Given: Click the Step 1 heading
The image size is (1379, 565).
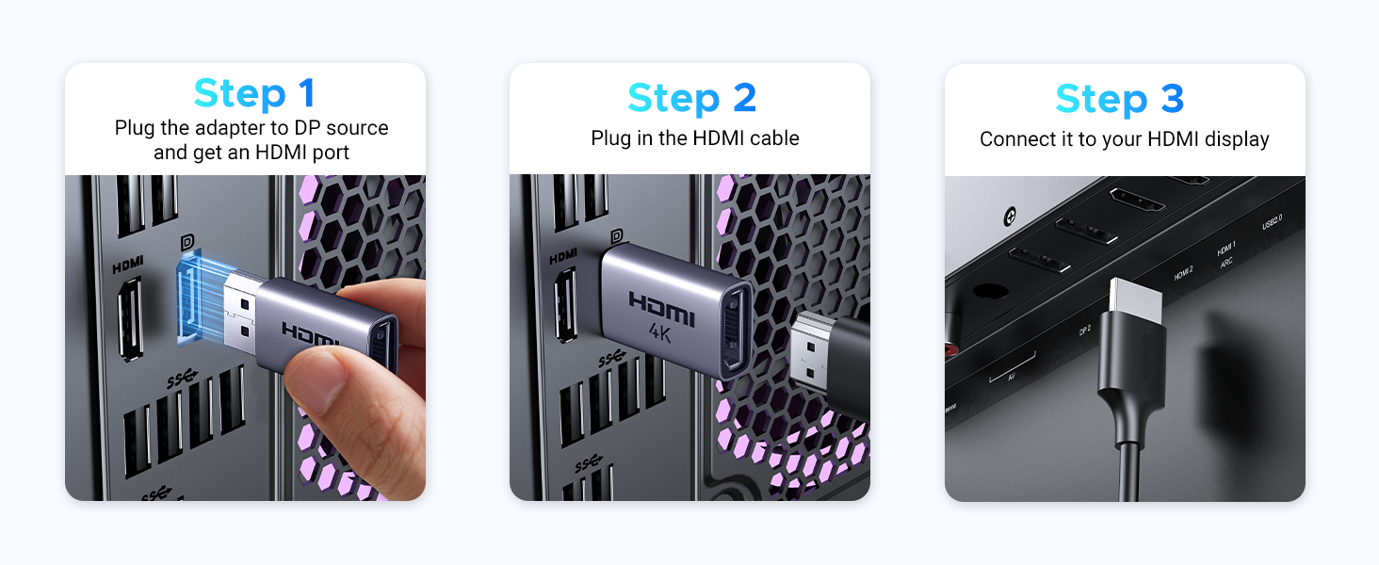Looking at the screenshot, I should click(x=253, y=94).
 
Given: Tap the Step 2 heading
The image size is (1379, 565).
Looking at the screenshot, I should click(x=691, y=98).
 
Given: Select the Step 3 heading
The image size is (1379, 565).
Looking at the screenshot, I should click(x=1119, y=98).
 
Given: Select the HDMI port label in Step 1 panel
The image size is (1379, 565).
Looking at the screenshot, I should click(x=128, y=267).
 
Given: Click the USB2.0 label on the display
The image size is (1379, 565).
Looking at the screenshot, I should click(x=1272, y=222).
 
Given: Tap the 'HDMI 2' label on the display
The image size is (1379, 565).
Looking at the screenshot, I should click(x=1183, y=274).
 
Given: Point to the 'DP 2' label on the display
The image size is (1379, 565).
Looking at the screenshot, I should click(x=1084, y=331).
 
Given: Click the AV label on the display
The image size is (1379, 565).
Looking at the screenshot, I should click(x=1012, y=377).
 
